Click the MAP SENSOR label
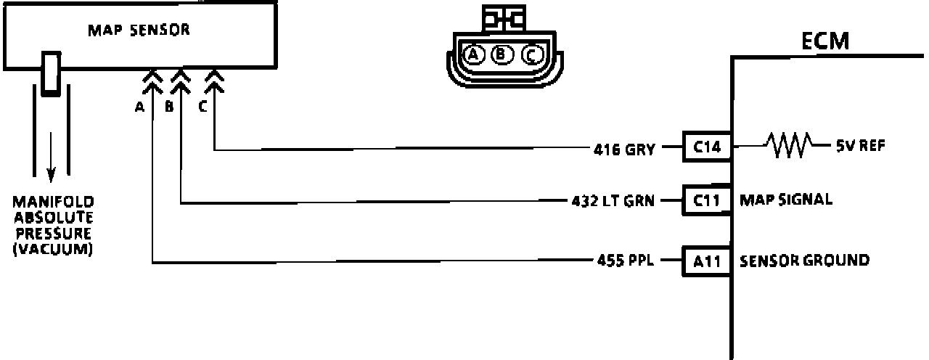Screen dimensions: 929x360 (139, 31)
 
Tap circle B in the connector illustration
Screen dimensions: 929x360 (501, 54)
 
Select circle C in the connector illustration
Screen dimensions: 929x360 (531, 54)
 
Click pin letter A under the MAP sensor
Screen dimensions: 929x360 (139, 107)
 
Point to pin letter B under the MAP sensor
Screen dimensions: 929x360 (168, 107)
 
